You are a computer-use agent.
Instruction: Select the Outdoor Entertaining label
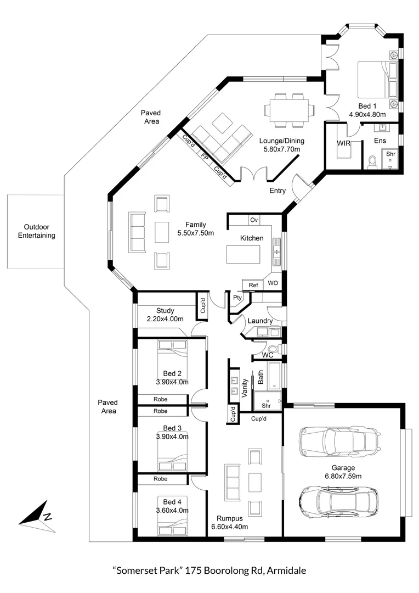click(x=37, y=231)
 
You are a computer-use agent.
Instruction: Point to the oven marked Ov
click(x=254, y=220)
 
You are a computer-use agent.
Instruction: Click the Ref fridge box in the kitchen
click(x=253, y=285)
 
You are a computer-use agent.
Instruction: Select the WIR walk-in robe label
click(x=343, y=143)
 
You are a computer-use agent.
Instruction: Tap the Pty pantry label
click(x=238, y=298)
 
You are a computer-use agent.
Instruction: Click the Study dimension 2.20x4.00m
click(x=165, y=319)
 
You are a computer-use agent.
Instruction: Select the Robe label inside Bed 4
click(x=161, y=479)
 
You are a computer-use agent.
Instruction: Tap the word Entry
click(x=278, y=191)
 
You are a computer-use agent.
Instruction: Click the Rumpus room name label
click(x=229, y=517)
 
